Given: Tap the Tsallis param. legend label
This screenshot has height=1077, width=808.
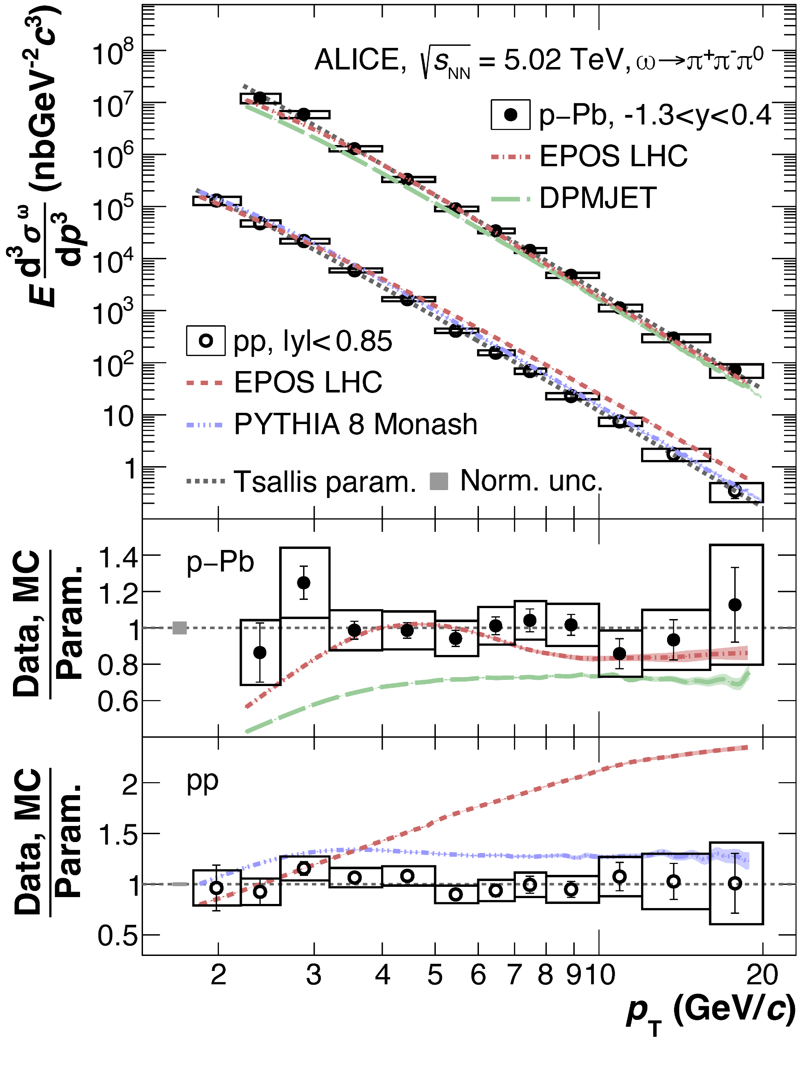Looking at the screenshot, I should tap(325, 482).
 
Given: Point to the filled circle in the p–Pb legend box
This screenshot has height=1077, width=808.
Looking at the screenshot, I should tap(510, 115).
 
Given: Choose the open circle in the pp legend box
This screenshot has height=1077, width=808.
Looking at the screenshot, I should tap(206, 341).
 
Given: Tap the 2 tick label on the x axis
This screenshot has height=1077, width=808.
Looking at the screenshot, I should tap(218, 975).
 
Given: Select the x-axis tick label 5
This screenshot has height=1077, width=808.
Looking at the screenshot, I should tap(435, 975).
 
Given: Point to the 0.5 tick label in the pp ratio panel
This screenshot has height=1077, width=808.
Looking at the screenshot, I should tap(117, 935).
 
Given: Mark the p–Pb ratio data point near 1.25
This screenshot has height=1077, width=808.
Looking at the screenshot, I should tap(304, 583).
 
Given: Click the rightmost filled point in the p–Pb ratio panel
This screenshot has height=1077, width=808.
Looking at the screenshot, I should tap(735, 605).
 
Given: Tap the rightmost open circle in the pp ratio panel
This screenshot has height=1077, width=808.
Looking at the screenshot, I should tap(735, 883).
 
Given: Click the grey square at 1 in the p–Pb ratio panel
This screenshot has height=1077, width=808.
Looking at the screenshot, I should tap(180, 628).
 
